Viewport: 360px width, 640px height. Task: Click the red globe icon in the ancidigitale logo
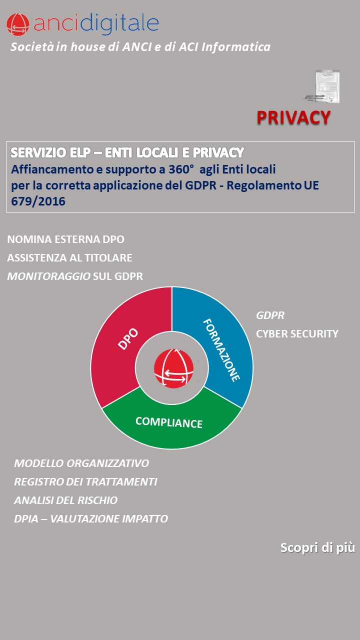[18, 24]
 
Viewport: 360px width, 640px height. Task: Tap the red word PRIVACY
[293, 117]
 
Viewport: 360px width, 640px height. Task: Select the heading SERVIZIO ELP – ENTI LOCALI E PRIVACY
[127, 152]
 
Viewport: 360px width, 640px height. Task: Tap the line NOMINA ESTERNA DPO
[65, 239]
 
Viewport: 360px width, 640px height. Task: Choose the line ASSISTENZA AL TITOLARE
[69, 258]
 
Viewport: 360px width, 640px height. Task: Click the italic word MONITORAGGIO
[49, 276]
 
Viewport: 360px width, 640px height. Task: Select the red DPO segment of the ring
[128, 340]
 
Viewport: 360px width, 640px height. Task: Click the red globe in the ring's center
[173, 369]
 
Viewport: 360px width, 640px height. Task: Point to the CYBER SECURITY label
[297, 333]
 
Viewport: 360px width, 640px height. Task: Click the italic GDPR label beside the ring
[270, 315]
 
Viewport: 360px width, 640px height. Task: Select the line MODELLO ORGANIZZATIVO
[81, 463]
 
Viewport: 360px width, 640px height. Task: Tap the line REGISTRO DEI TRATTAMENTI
[85, 482]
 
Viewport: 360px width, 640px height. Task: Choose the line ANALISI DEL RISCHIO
[66, 500]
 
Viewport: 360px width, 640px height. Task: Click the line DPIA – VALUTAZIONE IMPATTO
[91, 519]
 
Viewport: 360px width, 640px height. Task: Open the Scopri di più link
[317, 547]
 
